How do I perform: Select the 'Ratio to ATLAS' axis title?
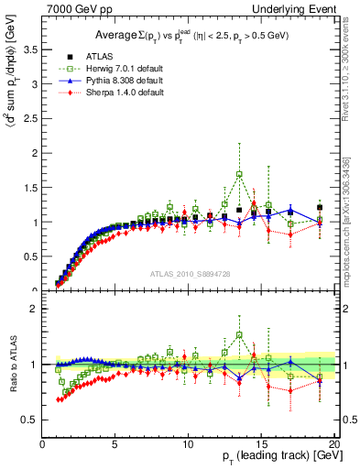click(12, 364)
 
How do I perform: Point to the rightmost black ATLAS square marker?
click(319, 208)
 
